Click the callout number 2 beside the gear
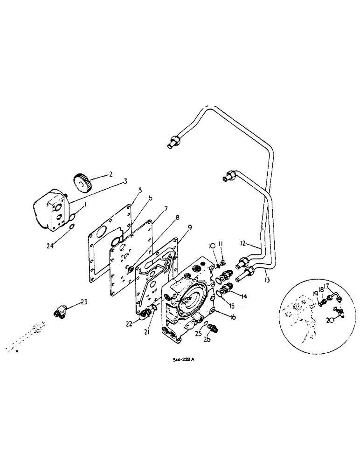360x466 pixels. pyautogui.click(x=111, y=174)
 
